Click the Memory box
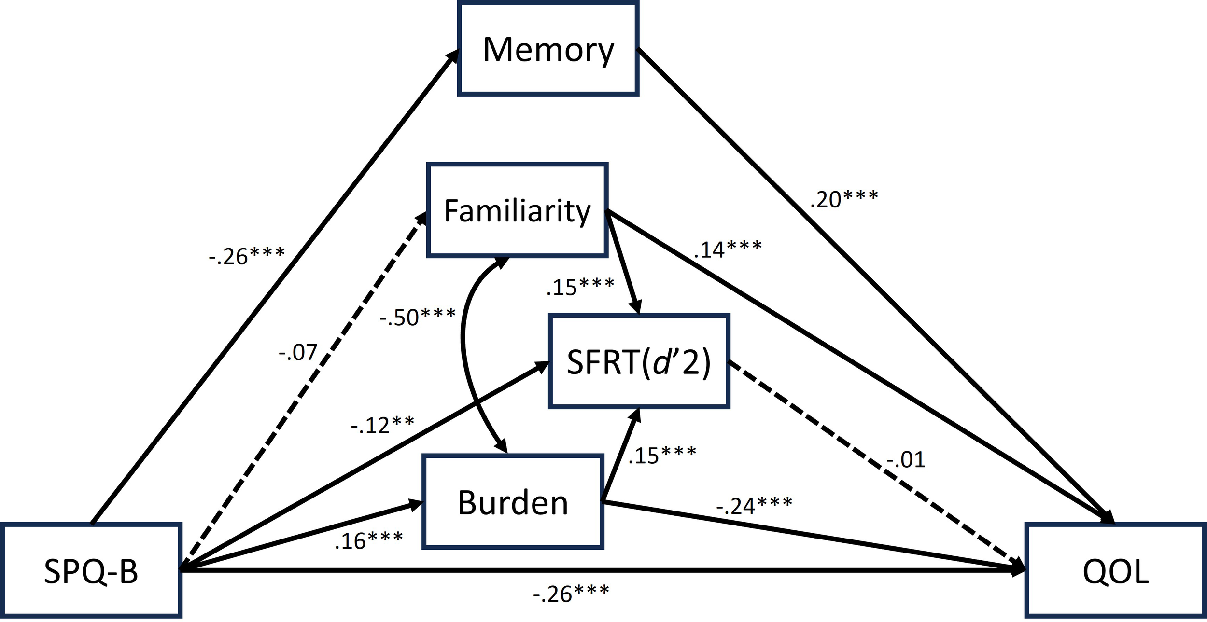coord(548,50)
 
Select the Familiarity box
coord(517,210)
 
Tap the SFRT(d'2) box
coord(639,361)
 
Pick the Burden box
coord(513,502)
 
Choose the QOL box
coord(1115,571)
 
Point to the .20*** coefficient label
coord(844,199)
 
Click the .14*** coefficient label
coord(728,249)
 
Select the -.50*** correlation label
coord(418,317)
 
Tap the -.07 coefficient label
coord(298,353)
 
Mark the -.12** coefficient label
coord(382,425)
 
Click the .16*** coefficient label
coord(369,540)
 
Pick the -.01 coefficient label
coord(906,459)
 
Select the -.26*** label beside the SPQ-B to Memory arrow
coord(247,256)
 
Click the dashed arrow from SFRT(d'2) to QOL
coord(869,463)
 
